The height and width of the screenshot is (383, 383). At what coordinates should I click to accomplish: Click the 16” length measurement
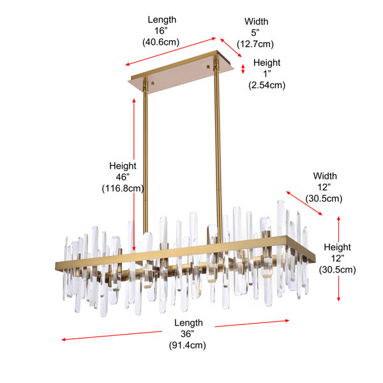point(161,31)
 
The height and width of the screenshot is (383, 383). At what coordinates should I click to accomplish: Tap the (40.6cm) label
point(161,42)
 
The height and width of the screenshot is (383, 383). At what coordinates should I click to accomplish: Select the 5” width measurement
point(255,33)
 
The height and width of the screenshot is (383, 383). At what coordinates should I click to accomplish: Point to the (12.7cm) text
point(255,44)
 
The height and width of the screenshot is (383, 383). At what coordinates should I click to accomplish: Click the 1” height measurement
point(267,74)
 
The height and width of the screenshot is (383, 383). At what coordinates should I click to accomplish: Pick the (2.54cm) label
point(267,86)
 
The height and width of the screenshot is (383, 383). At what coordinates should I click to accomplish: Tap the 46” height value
point(123,177)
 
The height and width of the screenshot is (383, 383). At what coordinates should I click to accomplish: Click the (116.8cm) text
point(123,188)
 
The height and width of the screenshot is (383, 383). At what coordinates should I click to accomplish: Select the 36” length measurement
point(187,334)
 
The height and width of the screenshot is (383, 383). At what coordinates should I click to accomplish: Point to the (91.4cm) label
point(187,345)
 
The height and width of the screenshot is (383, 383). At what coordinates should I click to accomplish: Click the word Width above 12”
point(325,176)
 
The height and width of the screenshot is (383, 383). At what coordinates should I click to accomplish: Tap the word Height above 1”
point(267,63)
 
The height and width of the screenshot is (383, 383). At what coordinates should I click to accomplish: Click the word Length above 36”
point(188,322)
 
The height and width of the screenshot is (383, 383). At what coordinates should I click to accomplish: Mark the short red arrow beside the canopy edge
point(243,69)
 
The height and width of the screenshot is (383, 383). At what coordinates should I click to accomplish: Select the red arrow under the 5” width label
point(231,47)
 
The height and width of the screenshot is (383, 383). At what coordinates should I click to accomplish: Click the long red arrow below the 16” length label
point(170,52)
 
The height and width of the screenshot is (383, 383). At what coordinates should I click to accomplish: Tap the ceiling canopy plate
point(181,71)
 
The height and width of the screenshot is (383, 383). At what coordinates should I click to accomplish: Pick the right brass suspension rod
point(218,149)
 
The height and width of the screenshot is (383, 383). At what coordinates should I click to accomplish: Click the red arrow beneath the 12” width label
point(304,203)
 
